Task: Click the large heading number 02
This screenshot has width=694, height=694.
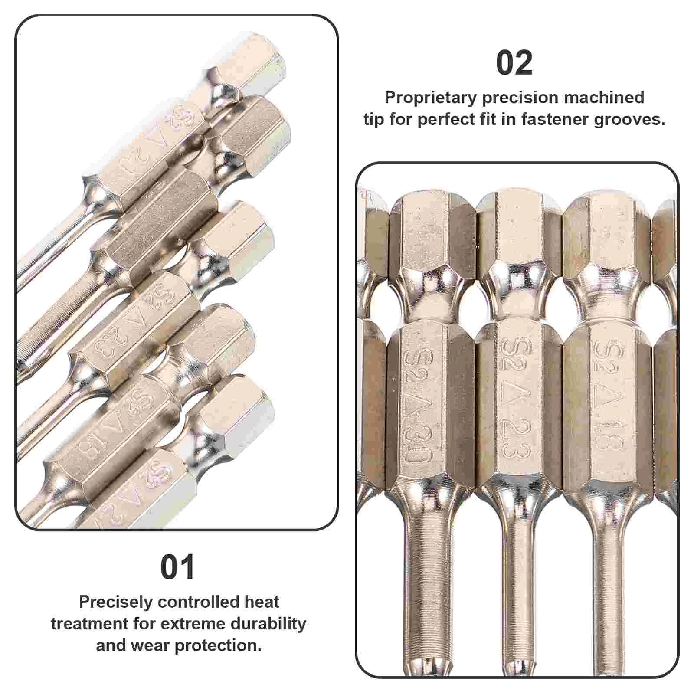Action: [x=514, y=63]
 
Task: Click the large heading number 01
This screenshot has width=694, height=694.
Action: [x=177, y=568]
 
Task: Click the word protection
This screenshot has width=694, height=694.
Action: [x=218, y=645]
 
